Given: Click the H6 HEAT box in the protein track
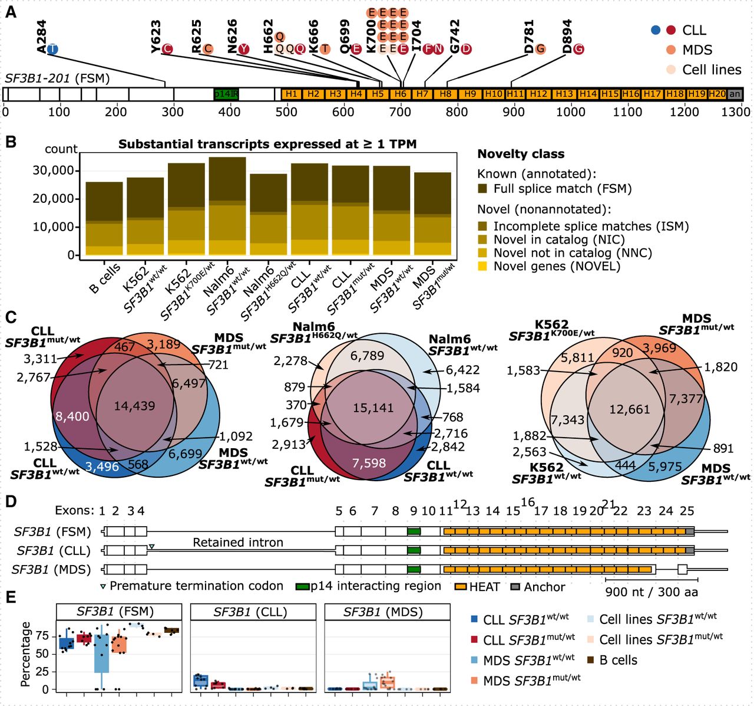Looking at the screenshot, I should coord(401,94).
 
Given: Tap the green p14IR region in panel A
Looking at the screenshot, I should coord(226,94).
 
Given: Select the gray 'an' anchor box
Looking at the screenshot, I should coord(735,94).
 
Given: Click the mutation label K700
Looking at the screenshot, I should coord(371,37).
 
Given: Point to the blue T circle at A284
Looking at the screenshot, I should coord(52,49).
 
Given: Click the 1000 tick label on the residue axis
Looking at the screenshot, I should coord(571,112).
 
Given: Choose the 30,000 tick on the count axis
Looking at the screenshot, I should coord(54,170).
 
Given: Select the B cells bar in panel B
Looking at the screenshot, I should coord(104,218).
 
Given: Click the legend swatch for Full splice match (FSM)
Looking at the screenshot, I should coord(483,189).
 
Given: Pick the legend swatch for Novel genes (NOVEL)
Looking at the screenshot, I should coord(483,267).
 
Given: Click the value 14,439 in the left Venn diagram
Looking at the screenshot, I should coord(135,406).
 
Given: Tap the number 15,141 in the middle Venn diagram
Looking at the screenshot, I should coord(373,408).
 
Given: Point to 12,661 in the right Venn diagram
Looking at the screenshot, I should coord(629,409).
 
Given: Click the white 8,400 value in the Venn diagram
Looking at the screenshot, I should coord(72,416).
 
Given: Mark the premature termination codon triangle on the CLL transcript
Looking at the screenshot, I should coord(151,547).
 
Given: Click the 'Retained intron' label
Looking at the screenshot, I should coord(238,542).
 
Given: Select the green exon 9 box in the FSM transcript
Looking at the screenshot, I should coord(414,531).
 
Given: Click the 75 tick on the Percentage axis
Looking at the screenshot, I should coord(42,636).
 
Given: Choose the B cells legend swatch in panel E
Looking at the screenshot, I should coord(591,660).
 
